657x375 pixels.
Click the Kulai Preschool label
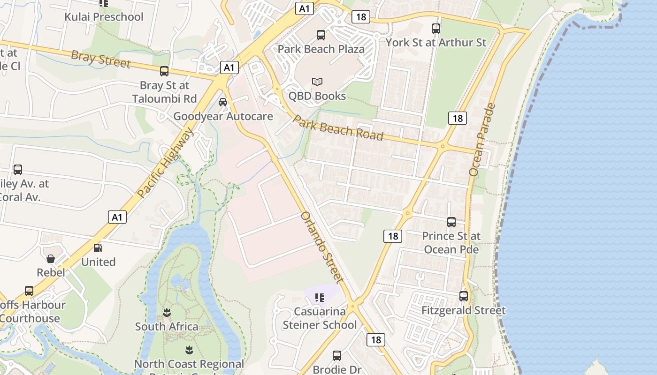point(104,17)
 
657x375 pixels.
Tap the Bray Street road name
point(100,60)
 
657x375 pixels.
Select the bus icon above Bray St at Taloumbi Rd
point(164,71)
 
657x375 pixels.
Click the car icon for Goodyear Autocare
point(223,102)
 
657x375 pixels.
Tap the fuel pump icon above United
point(98,248)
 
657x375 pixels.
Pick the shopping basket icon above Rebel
point(51,259)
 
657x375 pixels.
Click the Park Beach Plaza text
point(321,49)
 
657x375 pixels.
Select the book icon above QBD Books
point(317,82)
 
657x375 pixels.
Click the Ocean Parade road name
point(482,140)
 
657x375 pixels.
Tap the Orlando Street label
point(322,247)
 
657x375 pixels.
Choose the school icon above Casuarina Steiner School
point(320,297)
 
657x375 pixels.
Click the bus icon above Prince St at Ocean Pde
point(451,222)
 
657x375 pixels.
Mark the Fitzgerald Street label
point(464,310)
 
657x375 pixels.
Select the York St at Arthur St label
point(436,43)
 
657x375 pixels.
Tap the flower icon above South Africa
point(167,312)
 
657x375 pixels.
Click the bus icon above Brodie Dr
point(337,356)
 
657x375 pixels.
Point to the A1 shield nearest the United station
point(117,217)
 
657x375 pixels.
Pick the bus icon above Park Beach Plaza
point(321,35)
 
